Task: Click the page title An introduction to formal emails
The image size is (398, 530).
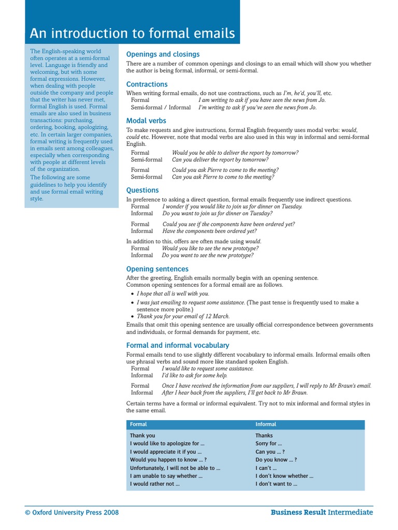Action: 132,34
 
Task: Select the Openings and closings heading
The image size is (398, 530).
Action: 163,54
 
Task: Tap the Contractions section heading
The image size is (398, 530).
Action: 147,84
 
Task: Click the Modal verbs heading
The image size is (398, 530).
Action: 146,121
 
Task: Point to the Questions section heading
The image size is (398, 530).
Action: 143,190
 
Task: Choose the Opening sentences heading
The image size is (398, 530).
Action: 157,269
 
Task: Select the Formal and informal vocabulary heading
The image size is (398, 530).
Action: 177,345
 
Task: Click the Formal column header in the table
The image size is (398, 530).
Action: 138,424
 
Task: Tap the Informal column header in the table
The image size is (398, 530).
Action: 266,424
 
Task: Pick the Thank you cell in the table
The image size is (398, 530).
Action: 143,436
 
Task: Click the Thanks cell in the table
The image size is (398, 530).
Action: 264,436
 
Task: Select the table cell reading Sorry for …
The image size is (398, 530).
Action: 268,444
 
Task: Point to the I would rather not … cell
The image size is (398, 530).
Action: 154,484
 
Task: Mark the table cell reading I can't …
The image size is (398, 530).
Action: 266,468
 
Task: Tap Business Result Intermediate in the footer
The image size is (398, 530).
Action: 321,512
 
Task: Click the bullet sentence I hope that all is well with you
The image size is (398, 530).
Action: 173,293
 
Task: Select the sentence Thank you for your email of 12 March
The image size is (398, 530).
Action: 183,316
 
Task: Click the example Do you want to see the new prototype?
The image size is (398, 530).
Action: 207,255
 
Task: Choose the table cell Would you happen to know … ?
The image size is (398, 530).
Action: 168,460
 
